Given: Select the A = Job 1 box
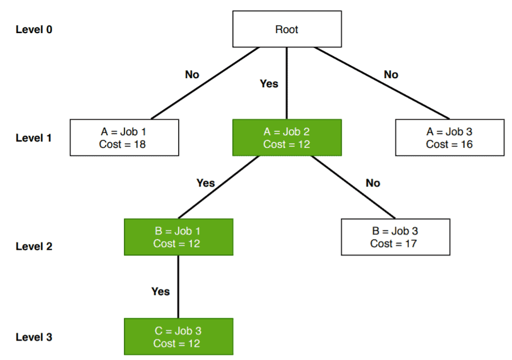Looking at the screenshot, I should [124, 137].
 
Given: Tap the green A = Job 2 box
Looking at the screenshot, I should [287, 137].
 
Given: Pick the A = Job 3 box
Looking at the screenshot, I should [449, 137].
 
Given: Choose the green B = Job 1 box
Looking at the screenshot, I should [178, 237].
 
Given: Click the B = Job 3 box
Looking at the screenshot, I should [395, 237].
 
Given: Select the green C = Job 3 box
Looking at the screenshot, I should [178, 337].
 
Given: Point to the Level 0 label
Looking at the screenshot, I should [34, 29].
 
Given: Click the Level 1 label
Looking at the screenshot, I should [34, 138].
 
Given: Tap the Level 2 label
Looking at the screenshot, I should [34, 246].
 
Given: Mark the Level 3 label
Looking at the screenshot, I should [34, 337].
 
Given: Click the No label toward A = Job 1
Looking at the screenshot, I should [192, 75].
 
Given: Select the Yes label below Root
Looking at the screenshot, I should [269, 84].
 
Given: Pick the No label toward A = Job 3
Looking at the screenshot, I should [391, 75].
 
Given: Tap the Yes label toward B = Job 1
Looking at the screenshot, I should [205, 183].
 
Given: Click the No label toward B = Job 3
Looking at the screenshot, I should [373, 183].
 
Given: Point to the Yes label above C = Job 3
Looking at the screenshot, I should [160, 292].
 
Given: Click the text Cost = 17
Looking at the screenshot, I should [393, 244].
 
